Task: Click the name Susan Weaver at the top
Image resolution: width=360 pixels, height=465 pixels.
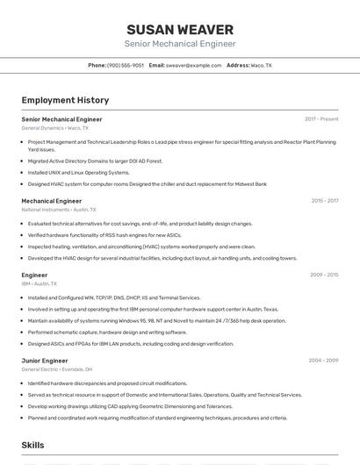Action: (x=180, y=29)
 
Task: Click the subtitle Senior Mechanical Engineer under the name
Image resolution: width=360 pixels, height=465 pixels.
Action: (x=180, y=44)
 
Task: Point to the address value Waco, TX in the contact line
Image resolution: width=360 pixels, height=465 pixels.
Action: (x=261, y=65)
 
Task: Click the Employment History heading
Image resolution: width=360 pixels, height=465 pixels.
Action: (x=65, y=100)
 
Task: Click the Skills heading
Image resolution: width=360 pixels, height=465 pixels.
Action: (x=33, y=446)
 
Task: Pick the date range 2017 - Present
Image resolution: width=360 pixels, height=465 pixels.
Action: (x=321, y=119)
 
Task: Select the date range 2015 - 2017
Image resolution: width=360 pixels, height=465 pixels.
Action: (x=324, y=201)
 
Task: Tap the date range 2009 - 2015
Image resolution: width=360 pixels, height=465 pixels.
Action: (x=324, y=275)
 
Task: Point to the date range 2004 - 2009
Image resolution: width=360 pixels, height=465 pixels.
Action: (x=323, y=361)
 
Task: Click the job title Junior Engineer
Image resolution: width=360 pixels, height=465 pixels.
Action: (x=45, y=361)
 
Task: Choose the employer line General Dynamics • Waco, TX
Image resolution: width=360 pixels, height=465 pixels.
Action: (x=54, y=128)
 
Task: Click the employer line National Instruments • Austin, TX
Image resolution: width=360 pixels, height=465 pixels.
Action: (x=59, y=210)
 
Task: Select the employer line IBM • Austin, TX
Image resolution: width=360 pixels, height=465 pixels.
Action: (x=40, y=283)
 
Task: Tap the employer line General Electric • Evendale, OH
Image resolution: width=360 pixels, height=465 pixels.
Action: (x=57, y=369)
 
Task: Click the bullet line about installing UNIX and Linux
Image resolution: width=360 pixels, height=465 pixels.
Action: (x=78, y=173)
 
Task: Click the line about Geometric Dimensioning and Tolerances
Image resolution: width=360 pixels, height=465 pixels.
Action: (x=130, y=406)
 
